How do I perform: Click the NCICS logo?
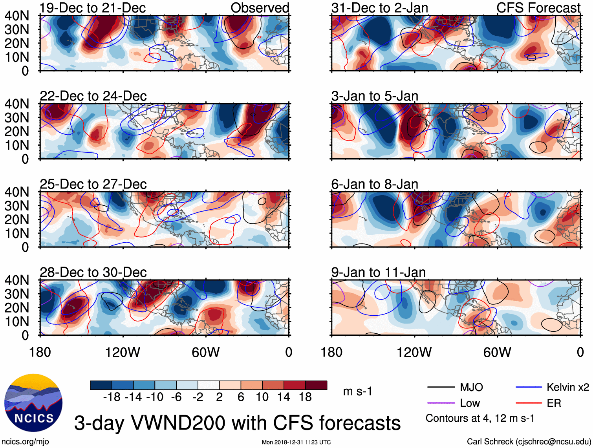point(33,403)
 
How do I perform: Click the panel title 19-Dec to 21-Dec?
point(93,8)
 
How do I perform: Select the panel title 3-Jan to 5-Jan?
point(375,96)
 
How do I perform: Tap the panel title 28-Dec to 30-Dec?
point(93,272)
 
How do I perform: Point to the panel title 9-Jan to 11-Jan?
point(379,272)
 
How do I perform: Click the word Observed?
point(260,8)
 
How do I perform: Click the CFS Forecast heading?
point(538,8)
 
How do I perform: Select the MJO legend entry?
point(471,388)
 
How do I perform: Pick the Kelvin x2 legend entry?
point(567,388)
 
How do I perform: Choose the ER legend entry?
point(554,403)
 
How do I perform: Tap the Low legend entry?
point(470,403)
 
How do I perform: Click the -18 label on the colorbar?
point(112,397)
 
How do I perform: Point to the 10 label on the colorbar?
point(262,397)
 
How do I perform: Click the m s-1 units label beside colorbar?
point(357,391)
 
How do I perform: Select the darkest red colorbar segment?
point(316,385)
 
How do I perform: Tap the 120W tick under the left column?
point(123,352)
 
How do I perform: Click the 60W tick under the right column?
point(497,352)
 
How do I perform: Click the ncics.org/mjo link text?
point(25,442)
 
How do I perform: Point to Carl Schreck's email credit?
point(529,442)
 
